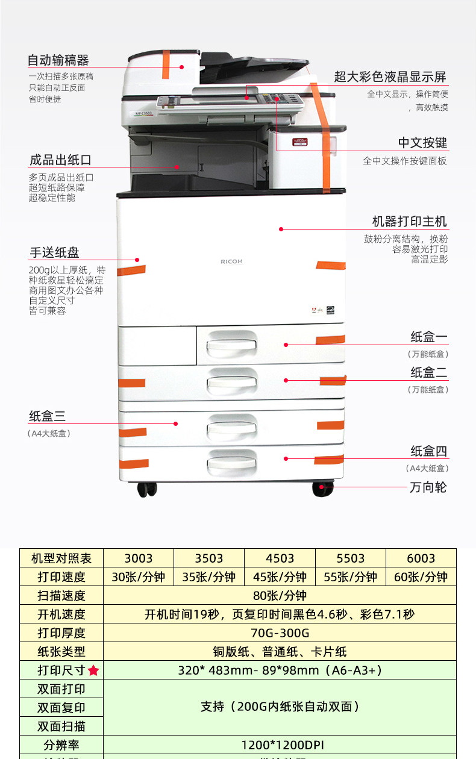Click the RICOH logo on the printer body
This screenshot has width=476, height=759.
point(231,261)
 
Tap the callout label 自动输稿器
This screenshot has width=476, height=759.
point(58,60)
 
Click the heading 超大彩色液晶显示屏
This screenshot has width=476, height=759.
point(390,77)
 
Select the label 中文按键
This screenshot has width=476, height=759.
point(423,143)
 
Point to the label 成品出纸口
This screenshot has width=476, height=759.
point(60,160)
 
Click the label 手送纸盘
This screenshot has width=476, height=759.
point(54,252)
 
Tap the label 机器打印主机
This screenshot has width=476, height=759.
point(410,221)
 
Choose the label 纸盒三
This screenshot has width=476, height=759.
point(47,416)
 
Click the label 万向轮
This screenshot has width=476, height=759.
point(428,487)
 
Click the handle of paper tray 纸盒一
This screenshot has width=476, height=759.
point(231,345)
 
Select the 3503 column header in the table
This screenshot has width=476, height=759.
point(209,558)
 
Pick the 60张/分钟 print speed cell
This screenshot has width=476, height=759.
point(421,576)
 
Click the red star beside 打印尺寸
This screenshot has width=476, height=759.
point(93,670)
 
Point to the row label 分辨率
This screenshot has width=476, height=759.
point(61,745)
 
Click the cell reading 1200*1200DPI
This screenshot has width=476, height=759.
point(280,745)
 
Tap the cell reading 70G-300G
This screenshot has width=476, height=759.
point(280,632)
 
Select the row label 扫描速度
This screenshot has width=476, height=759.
point(61,596)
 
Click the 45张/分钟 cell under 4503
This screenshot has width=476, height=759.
point(280,576)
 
